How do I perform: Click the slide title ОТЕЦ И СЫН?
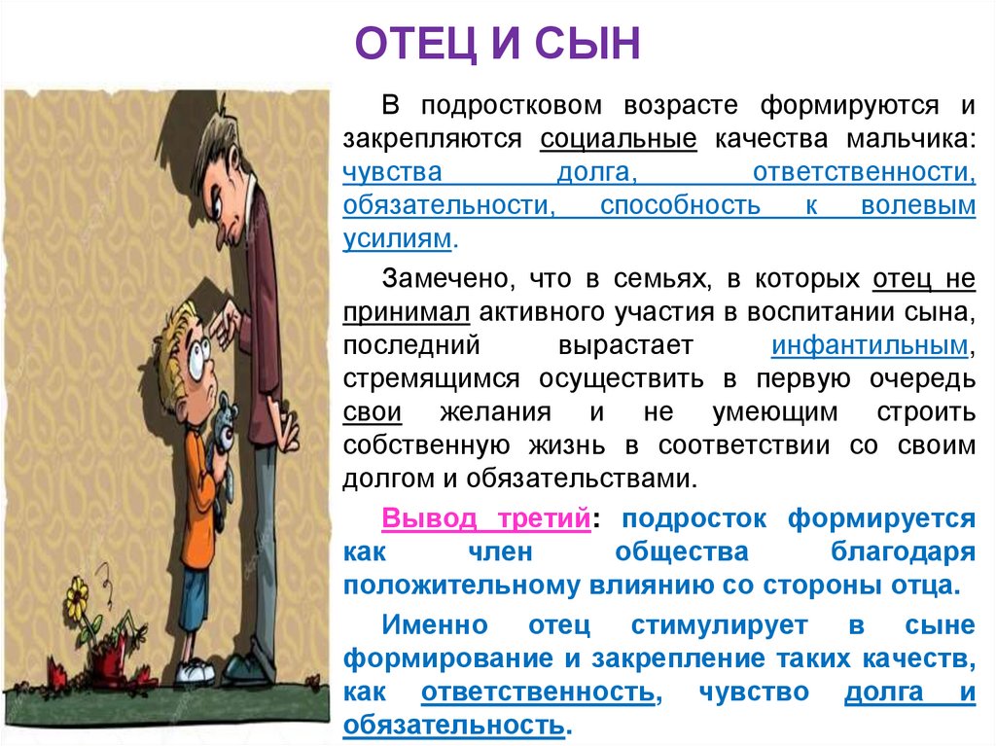pos(497,44)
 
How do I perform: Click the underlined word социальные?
pos(619,139)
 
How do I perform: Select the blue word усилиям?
pos(397,239)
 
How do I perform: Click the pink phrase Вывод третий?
pos(485,517)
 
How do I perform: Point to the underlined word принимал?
pos(406,312)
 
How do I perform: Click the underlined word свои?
pos(372,412)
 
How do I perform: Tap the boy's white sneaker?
pos(195,670)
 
